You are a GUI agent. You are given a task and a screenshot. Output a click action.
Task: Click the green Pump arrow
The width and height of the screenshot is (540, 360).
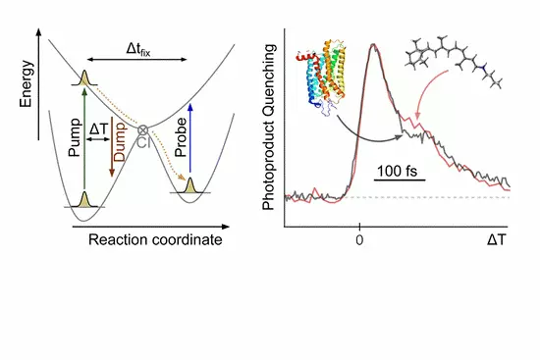click(x=84, y=139)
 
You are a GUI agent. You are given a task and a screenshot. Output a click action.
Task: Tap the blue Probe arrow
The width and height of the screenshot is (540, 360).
click(x=189, y=138)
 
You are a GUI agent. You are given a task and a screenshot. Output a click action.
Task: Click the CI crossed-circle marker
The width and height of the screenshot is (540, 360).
click(x=142, y=130)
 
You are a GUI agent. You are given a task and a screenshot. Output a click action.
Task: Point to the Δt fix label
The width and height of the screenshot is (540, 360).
click(x=138, y=49)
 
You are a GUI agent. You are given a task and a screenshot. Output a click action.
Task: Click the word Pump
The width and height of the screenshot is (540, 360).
click(x=76, y=137)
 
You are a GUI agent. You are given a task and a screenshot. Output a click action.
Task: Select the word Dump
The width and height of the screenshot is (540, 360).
click(x=120, y=142)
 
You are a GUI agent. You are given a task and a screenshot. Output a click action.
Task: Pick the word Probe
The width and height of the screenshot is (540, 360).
click(x=181, y=137)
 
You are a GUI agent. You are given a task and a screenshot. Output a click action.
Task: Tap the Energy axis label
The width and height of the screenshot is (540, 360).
click(x=27, y=83)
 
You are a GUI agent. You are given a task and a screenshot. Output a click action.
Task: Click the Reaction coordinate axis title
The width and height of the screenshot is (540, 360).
click(x=155, y=240)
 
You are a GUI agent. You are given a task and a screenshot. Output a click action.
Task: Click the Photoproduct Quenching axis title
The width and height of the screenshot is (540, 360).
click(x=268, y=127)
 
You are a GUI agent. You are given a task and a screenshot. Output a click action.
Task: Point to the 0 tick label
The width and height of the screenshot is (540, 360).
click(x=359, y=240)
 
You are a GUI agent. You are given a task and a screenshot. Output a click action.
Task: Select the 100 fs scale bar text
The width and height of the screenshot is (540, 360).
click(x=397, y=171)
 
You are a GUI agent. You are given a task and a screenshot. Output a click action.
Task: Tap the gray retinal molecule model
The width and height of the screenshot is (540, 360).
click(x=454, y=61)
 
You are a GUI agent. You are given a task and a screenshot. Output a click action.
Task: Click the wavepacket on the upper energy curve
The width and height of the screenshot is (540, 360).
click(x=84, y=78)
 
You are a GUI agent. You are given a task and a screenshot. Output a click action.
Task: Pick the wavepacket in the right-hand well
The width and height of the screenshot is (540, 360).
click(x=189, y=185)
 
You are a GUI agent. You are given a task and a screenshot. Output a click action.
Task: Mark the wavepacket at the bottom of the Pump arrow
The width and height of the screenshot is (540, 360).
click(x=84, y=199)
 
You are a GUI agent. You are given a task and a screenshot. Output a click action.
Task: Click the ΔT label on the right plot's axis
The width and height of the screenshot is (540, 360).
click(x=497, y=240)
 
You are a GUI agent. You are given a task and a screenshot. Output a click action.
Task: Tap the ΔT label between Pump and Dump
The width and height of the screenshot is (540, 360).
click(x=98, y=129)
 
